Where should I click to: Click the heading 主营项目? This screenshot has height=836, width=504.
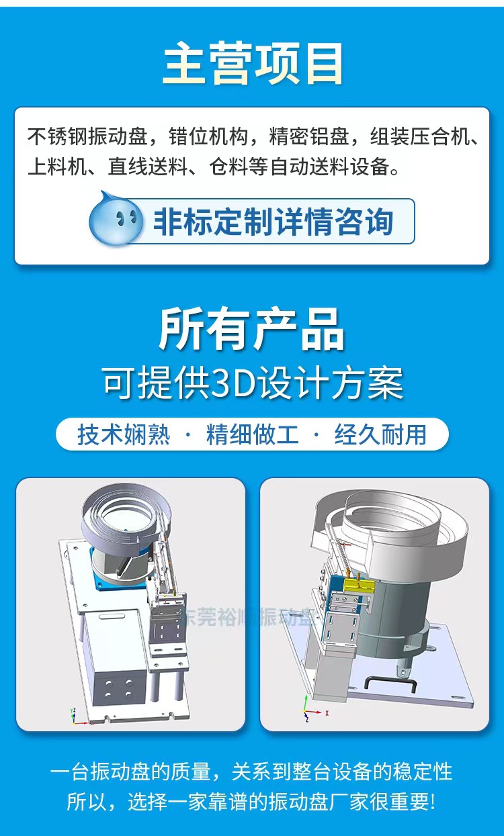point(253,64)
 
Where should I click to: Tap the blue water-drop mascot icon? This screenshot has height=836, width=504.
point(116,219)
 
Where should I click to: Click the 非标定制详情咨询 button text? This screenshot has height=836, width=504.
point(273,221)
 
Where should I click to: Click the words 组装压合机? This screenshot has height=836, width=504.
point(424,138)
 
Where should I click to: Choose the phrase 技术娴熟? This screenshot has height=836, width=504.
point(124,434)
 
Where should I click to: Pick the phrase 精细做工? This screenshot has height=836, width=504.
point(252,434)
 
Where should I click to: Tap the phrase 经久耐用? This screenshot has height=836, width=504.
point(380,434)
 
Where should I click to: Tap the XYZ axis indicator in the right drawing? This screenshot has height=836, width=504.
point(308,706)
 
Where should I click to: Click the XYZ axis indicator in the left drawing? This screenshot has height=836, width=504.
point(74,716)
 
